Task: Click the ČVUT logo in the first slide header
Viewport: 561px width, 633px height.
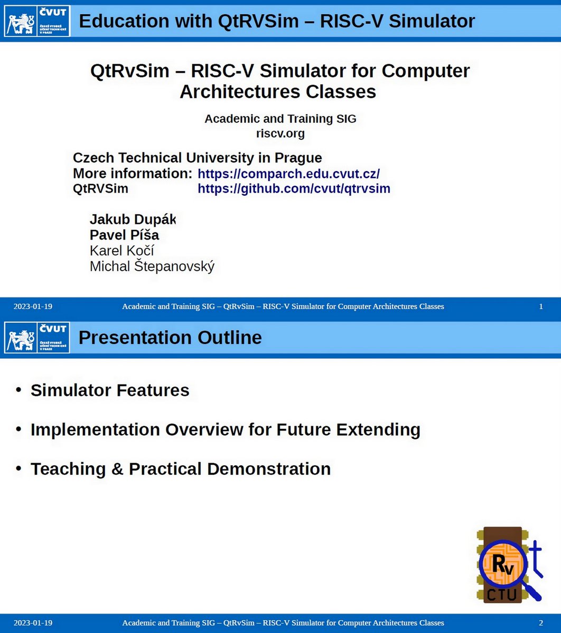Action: [x=37, y=22]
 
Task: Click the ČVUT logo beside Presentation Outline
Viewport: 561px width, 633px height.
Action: [x=37, y=338]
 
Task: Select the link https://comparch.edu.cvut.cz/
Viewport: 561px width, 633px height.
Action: [x=288, y=174]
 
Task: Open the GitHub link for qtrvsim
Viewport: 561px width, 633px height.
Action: [x=294, y=189]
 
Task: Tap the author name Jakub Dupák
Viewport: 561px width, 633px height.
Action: [x=132, y=219]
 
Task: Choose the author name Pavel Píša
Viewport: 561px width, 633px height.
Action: [x=124, y=235]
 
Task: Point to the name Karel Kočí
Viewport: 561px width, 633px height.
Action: [x=121, y=251]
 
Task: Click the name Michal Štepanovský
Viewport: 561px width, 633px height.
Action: [x=152, y=266]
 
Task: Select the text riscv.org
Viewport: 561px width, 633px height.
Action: [x=280, y=133]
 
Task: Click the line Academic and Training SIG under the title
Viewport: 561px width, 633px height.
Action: [x=280, y=119]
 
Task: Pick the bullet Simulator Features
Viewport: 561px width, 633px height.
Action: [x=110, y=390]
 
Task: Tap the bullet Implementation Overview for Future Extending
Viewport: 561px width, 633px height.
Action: [x=225, y=429]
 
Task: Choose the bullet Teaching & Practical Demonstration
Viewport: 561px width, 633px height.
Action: [x=180, y=468]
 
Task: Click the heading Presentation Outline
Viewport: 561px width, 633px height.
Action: [x=170, y=338]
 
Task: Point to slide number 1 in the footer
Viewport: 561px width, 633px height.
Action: [x=541, y=306]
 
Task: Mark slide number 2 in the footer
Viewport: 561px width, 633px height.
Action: [x=541, y=623]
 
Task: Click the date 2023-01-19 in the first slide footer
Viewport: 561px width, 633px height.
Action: [x=33, y=306]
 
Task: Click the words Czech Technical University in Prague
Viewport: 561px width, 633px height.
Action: [x=197, y=158]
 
